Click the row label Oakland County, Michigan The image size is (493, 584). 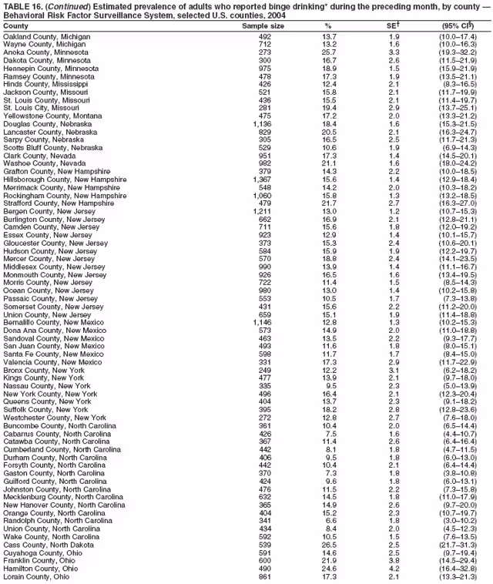(47, 36)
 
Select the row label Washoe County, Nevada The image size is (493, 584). (43, 163)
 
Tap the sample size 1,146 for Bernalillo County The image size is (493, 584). (263, 321)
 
